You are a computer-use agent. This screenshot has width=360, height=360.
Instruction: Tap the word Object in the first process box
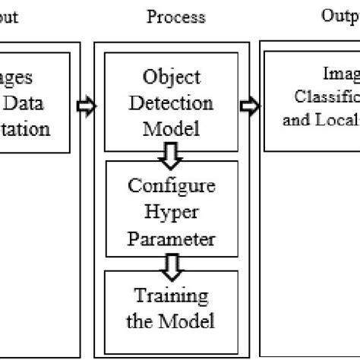pyautogui.click(x=171, y=78)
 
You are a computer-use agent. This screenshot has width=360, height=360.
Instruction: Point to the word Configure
pyautogui.click(x=172, y=186)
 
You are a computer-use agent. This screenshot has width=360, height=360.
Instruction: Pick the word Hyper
pyautogui.click(x=172, y=213)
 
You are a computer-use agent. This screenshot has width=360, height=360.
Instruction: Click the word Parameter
pyautogui.click(x=172, y=238)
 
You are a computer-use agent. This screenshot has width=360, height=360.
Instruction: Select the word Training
pyautogui.click(x=172, y=295)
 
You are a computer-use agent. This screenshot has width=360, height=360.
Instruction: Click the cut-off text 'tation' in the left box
pyautogui.click(x=27, y=128)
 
